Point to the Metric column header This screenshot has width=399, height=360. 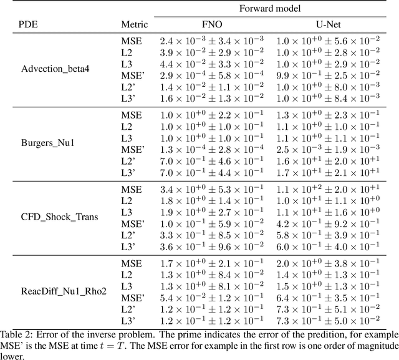pos(134,25)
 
